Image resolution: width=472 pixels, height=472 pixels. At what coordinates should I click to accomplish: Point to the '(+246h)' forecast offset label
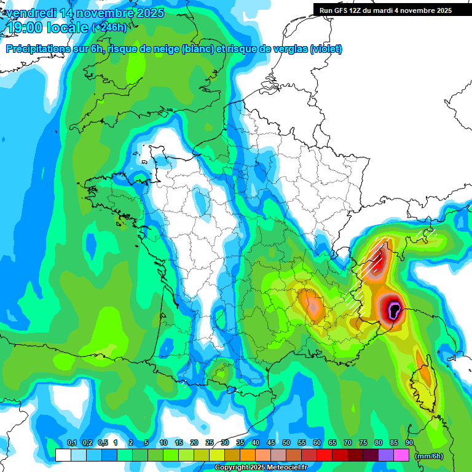click(x=109, y=28)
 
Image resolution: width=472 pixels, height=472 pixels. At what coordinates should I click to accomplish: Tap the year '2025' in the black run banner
click(x=441, y=10)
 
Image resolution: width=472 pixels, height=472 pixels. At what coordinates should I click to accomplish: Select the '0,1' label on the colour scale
click(x=71, y=443)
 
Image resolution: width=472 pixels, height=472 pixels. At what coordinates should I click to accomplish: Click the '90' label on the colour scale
click(x=409, y=443)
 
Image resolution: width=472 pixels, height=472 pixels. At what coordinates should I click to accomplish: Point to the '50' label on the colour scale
click(x=286, y=443)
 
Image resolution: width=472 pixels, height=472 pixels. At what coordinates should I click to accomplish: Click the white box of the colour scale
click(x=63, y=455)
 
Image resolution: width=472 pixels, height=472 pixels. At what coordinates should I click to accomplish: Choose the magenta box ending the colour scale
click(x=401, y=455)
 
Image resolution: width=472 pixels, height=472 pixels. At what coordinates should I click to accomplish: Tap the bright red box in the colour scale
click(x=324, y=455)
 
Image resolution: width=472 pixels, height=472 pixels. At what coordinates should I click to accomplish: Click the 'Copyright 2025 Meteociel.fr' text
click(x=265, y=468)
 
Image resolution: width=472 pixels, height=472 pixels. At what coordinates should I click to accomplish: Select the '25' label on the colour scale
click(x=210, y=443)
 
